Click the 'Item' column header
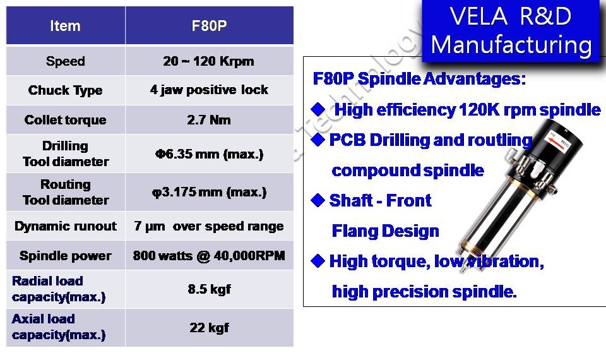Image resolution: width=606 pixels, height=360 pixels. pyautogui.click(x=65, y=26)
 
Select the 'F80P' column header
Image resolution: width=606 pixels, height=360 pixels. pyautogui.click(x=209, y=26)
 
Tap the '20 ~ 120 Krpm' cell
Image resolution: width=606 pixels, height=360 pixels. pyautogui.click(x=209, y=61)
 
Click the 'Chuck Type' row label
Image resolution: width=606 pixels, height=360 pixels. pyautogui.click(x=65, y=90)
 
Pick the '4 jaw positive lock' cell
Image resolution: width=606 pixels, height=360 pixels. pyautogui.click(x=209, y=90)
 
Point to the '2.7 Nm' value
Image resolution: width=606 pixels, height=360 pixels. pyautogui.click(x=209, y=120)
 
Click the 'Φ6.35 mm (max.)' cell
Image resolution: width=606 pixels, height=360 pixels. pyautogui.click(x=209, y=154)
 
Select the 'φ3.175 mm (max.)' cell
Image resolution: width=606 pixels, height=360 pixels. pyautogui.click(x=209, y=192)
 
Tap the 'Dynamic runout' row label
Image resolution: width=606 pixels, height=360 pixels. pyautogui.click(x=65, y=226)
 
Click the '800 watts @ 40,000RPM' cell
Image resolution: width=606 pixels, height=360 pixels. pyautogui.click(x=209, y=256)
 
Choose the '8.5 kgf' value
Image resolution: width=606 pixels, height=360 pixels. pyautogui.click(x=210, y=289)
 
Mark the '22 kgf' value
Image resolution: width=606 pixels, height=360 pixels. pyautogui.click(x=210, y=328)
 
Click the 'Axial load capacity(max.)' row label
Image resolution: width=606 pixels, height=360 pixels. pyautogui.click(x=59, y=327)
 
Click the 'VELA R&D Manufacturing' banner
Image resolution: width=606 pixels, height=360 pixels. pyautogui.click(x=511, y=31)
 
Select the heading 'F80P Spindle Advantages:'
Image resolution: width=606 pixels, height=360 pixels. pyautogui.click(x=419, y=79)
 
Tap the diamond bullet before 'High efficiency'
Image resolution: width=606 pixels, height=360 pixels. pyautogui.click(x=318, y=109)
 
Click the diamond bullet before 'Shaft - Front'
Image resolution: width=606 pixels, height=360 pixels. pyautogui.click(x=318, y=200)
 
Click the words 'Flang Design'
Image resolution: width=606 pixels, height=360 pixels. pyautogui.click(x=385, y=231)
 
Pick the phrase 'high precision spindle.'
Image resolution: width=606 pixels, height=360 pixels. pyautogui.click(x=424, y=292)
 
